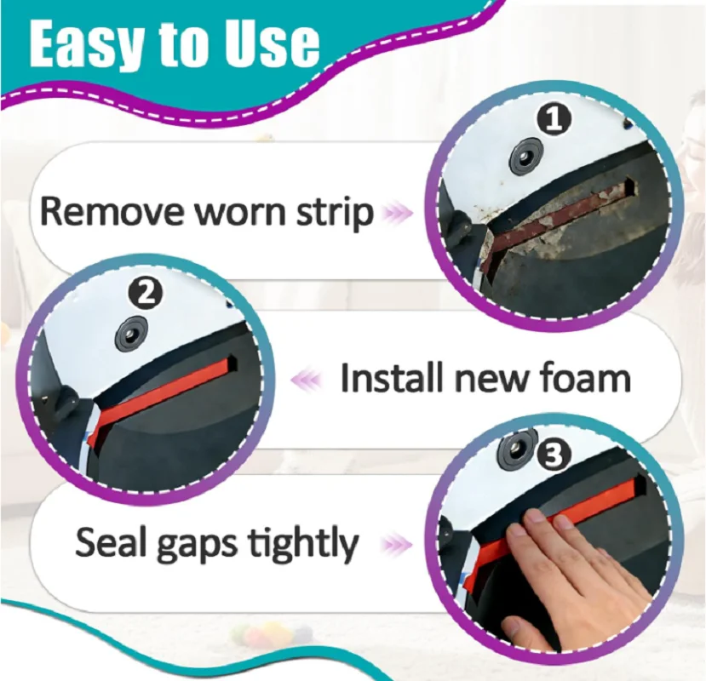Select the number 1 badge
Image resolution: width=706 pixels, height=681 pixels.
[x=554, y=119]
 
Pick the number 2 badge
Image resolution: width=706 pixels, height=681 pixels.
[x=145, y=294]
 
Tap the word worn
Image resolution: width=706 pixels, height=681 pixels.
[x=240, y=214]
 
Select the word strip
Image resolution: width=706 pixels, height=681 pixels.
[x=335, y=214]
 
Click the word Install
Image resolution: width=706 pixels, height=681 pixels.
[x=394, y=377]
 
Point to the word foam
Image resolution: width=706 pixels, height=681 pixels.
[x=584, y=377]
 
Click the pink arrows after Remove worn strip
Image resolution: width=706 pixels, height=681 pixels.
[x=397, y=212]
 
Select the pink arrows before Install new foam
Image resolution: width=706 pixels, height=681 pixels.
[x=307, y=379]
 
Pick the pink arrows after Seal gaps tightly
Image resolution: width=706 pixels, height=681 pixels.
[x=397, y=544]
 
